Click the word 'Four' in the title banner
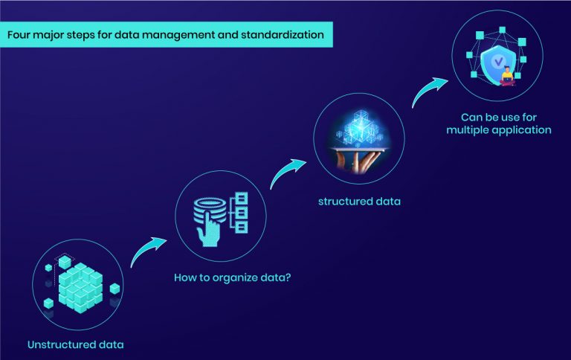[18, 35]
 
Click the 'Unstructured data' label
[76, 344]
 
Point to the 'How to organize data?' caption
[232, 277]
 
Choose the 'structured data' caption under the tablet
[359, 202]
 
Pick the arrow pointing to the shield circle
[428, 90]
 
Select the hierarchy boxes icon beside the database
[239, 213]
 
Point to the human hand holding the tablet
[358, 161]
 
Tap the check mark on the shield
[498, 62]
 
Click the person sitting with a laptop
[507, 76]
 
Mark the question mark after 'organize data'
[288, 277]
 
